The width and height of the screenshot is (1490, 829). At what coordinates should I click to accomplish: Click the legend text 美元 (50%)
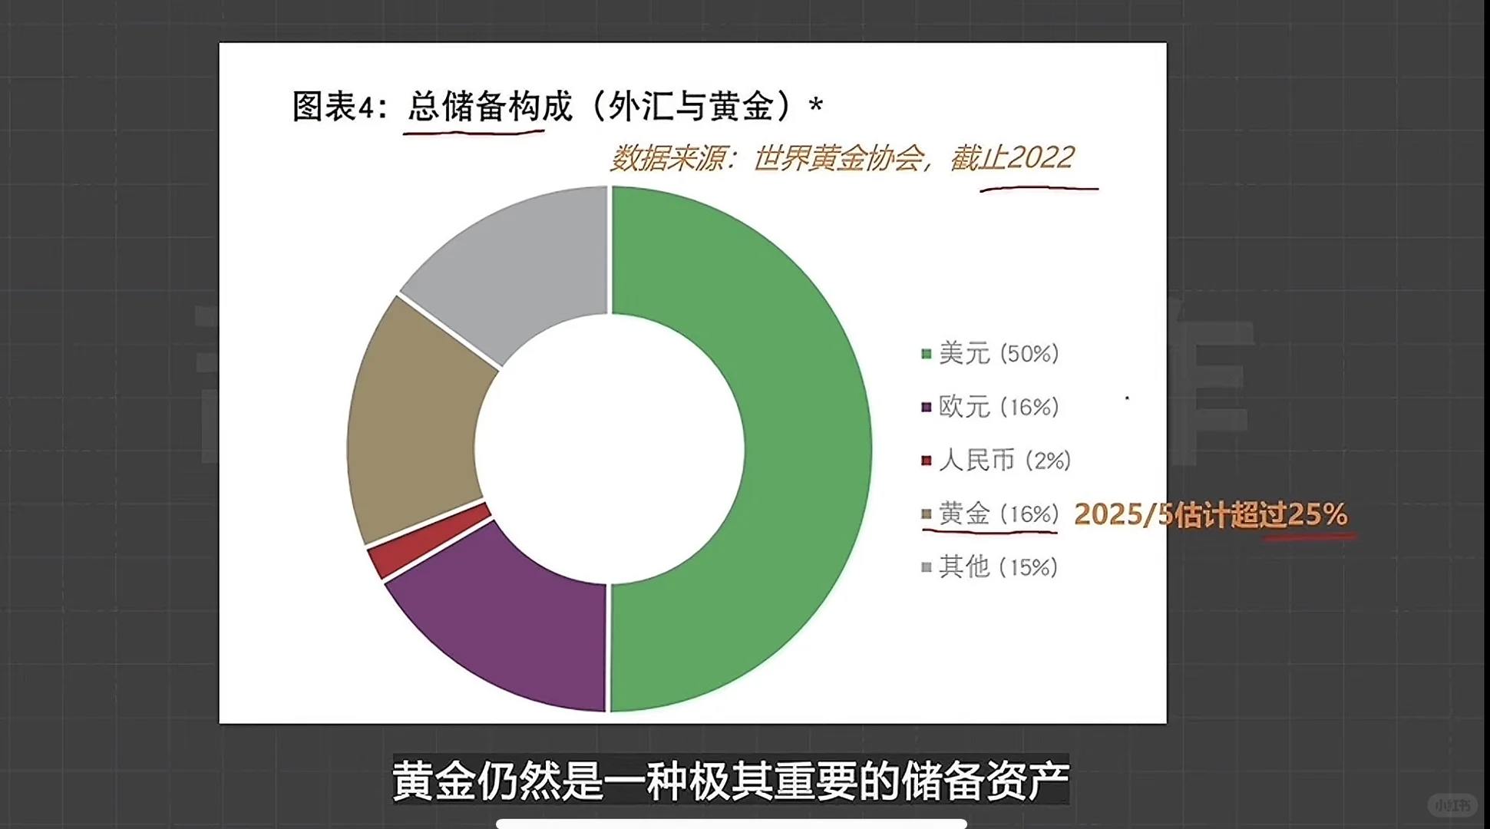[998, 354]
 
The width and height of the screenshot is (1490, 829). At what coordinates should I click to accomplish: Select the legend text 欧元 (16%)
[998, 407]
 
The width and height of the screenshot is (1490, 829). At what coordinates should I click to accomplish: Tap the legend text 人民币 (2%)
[1004, 461]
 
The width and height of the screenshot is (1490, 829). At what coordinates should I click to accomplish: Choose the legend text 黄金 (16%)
[998, 514]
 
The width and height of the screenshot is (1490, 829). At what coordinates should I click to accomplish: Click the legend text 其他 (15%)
[998, 567]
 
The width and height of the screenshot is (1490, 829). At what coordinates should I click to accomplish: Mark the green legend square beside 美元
[927, 354]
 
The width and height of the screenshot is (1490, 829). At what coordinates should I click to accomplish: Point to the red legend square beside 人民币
[927, 461]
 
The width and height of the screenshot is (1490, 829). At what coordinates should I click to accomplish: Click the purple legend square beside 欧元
[927, 407]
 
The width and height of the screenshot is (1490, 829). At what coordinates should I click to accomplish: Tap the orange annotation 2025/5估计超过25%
[1211, 514]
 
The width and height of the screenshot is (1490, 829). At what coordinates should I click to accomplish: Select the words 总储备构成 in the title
[489, 106]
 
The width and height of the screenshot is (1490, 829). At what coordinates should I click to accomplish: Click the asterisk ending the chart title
[815, 104]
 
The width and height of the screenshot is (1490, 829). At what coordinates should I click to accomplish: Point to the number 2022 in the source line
[1041, 158]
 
